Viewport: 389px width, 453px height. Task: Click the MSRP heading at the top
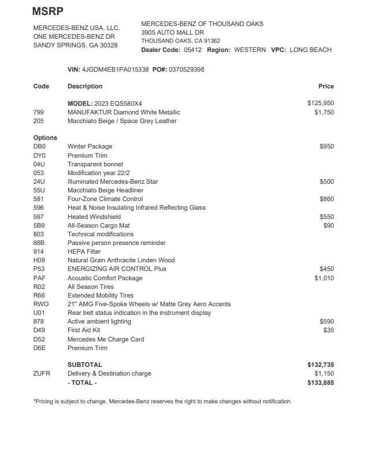(x=48, y=11)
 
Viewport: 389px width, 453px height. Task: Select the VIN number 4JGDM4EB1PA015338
(x=116, y=69)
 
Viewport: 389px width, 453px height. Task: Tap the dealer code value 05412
(x=193, y=50)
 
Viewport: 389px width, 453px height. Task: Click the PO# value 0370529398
(x=186, y=69)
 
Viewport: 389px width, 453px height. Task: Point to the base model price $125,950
(x=320, y=103)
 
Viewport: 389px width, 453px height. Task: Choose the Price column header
(x=326, y=86)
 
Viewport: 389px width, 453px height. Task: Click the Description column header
(x=85, y=86)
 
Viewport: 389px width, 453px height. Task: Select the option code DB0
(x=39, y=147)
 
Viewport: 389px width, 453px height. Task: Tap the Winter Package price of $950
(x=326, y=147)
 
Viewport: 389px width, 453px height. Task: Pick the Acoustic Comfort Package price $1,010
(x=324, y=278)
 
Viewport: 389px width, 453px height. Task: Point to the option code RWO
(x=41, y=304)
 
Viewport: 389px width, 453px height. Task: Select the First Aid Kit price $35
(x=328, y=331)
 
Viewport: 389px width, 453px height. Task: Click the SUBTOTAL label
(x=84, y=365)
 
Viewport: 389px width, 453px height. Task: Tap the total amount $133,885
(x=320, y=383)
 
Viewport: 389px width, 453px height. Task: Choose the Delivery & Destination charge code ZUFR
(x=42, y=374)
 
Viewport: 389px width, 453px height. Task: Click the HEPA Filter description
(x=84, y=252)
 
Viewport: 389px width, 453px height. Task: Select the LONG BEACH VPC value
(x=310, y=50)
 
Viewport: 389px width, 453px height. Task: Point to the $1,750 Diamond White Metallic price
(x=324, y=112)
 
